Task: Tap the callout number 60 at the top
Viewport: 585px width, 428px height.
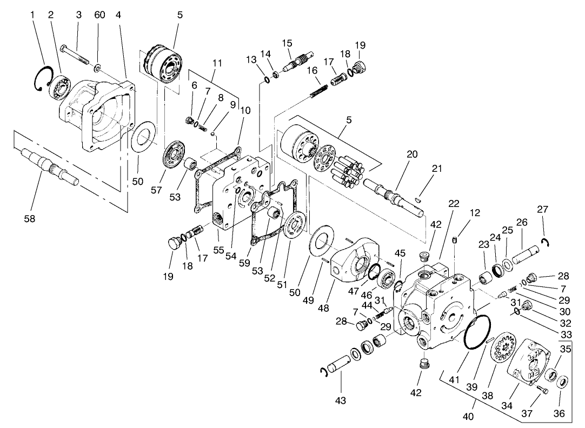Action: pos(99,15)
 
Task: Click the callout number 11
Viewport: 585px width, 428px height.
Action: pos(217,63)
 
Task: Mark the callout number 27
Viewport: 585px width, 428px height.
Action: pos(542,209)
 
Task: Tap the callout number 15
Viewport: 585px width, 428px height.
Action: pos(287,43)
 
